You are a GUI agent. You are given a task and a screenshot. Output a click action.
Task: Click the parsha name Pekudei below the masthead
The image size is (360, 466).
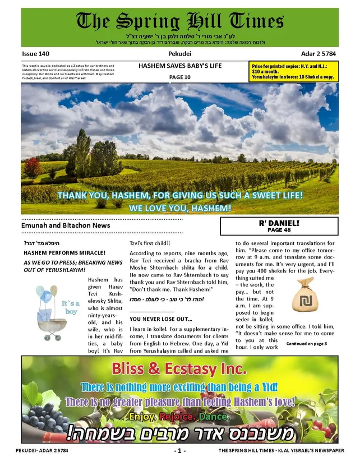click(x=179, y=53)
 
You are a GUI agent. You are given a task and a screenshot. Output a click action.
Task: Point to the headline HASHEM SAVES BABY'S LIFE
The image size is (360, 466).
click(x=179, y=66)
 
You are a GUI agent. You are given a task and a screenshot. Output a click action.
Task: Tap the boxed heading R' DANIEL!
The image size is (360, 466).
click(x=279, y=223)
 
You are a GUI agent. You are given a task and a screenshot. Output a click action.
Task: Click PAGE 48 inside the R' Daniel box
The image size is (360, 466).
click(x=279, y=230)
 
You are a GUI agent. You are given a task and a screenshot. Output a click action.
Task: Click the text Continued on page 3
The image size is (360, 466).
click(x=306, y=343)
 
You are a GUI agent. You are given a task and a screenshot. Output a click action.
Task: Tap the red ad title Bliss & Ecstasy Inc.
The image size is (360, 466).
click(x=179, y=370)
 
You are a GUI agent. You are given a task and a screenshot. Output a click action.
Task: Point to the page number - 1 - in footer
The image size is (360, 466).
click(x=179, y=451)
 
